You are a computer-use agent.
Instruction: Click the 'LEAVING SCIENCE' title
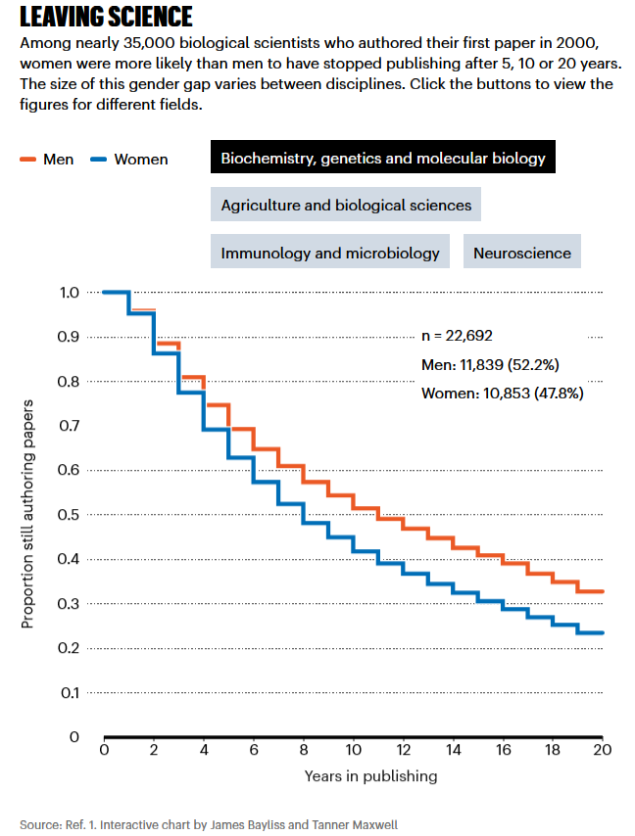coord(106,17)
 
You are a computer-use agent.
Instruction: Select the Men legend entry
coord(46,159)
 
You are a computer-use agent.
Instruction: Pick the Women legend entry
coord(128,159)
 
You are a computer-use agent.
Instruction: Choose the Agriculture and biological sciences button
coord(346,205)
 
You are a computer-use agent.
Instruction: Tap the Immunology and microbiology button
coord(330,252)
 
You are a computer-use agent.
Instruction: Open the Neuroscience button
coord(521,252)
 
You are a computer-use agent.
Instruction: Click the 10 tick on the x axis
coord(352,751)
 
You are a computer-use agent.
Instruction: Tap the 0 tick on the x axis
coord(103,751)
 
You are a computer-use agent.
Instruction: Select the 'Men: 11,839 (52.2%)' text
coord(490,365)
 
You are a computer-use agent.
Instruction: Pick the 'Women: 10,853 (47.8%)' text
coord(501,394)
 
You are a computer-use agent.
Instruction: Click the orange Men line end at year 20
coord(601,591)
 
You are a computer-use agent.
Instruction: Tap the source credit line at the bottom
coord(210,823)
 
